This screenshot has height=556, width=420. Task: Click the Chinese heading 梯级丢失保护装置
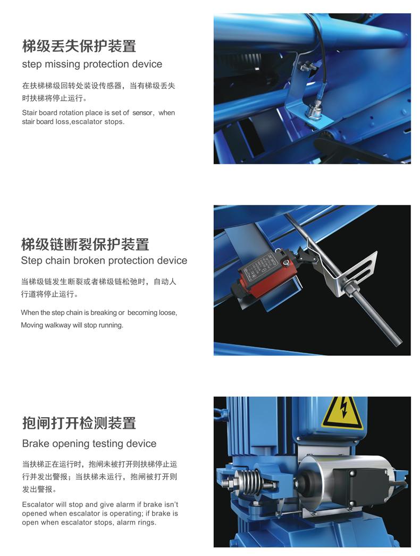coord(79,46)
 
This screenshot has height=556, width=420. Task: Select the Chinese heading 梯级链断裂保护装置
coord(85,244)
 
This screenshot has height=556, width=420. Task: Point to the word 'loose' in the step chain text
coord(169,313)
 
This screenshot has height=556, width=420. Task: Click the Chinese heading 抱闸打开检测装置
coord(79,423)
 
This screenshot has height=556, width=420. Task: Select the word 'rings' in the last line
coord(147,522)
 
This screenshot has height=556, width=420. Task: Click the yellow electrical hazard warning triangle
coord(342,413)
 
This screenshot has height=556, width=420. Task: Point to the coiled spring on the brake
coord(250,482)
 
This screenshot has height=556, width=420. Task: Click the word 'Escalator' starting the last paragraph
coord(37,504)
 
